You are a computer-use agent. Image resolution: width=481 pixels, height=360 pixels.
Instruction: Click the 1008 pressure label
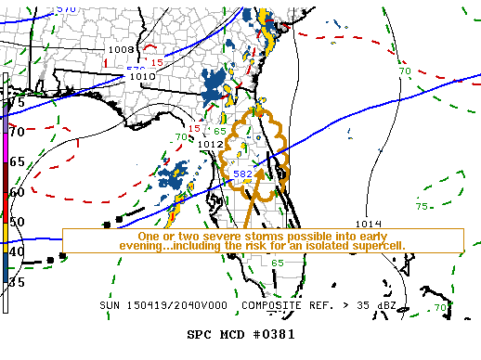click(x=122, y=49)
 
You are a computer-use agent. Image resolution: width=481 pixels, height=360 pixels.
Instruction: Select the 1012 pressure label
click(x=210, y=144)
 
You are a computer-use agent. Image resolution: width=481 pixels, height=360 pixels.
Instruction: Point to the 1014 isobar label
click(x=368, y=224)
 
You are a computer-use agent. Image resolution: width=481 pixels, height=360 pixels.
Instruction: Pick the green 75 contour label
click(x=422, y=206)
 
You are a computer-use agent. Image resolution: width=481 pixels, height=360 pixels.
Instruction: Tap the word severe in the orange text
click(x=214, y=235)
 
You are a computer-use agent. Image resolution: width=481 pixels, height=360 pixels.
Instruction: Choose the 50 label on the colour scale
click(x=17, y=222)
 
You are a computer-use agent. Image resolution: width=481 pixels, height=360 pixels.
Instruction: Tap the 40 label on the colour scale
click(x=17, y=251)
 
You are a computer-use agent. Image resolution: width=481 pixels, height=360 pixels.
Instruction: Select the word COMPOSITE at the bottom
click(x=273, y=305)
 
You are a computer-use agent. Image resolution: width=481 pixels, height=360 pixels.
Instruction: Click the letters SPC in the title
click(x=201, y=333)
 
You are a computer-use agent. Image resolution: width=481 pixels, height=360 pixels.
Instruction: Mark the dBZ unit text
click(x=409, y=305)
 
